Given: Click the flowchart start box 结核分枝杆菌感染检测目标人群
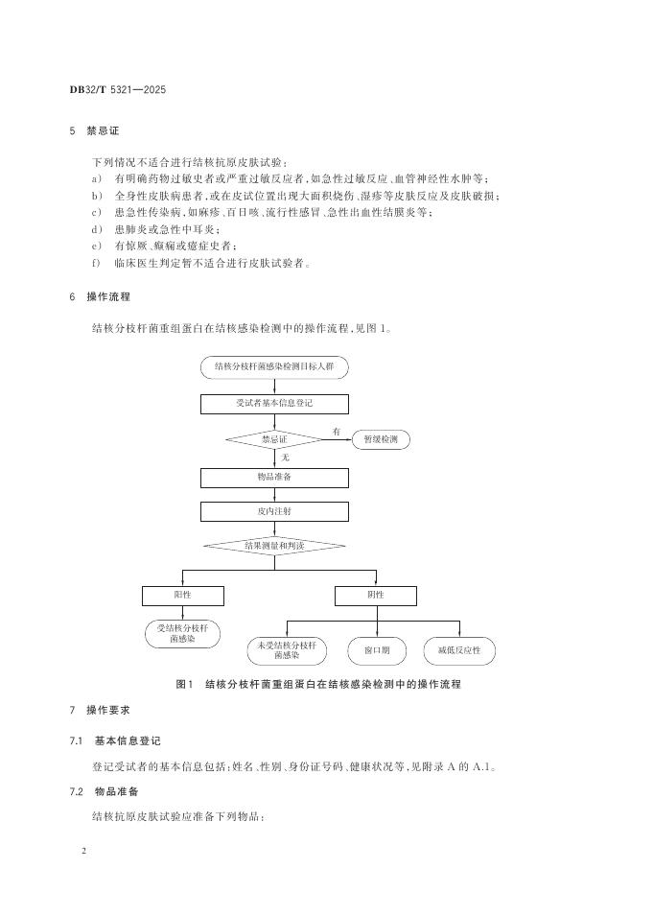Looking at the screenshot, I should point(274,367).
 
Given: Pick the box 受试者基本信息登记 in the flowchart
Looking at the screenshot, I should point(274,404).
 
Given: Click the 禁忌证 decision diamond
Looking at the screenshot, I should point(274,439).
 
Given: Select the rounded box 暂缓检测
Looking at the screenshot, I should point(381,439).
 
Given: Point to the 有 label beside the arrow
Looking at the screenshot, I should point(337,432).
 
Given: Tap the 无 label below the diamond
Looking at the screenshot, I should point(285,458).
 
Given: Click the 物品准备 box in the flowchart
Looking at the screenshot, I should point(274,477).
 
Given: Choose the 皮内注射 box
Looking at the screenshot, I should point(274,512).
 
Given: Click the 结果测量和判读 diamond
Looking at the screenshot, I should point(274,546).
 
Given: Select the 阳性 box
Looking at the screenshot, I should point(182,596).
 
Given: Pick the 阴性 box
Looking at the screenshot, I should point(375,596).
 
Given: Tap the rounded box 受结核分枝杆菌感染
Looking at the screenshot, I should point(182,633).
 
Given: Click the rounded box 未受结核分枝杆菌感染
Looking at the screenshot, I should point(286,651).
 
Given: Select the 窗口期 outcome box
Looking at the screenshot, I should point(376,651).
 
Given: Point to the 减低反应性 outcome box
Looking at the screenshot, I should point(459,651).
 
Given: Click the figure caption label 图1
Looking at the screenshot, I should point(185,685).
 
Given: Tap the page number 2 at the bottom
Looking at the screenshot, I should point(84,851).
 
